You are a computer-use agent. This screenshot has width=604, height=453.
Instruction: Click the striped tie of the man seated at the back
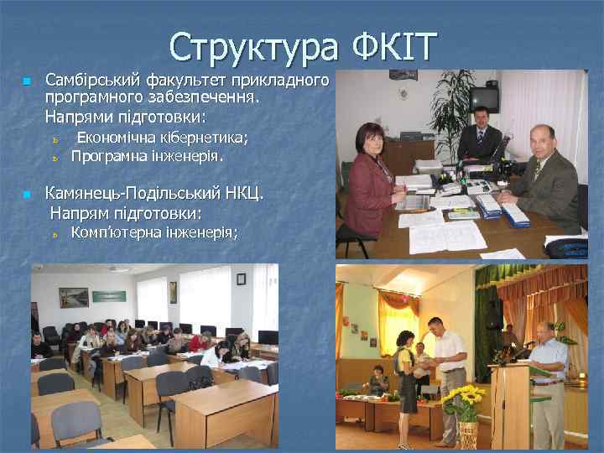(x=482, y=142)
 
